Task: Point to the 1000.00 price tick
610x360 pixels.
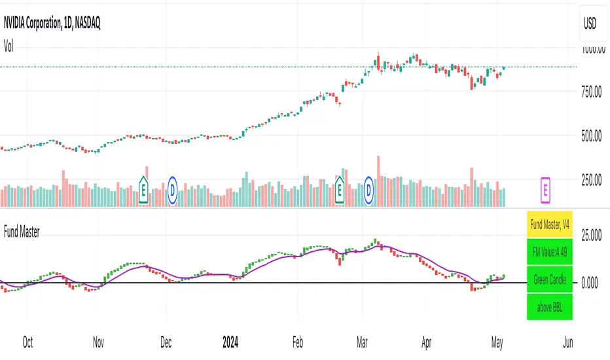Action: [589, 50]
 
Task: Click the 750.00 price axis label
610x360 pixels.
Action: [589, 93]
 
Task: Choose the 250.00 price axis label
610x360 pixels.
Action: [589, 179]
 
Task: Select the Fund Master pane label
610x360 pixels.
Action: [22, 232]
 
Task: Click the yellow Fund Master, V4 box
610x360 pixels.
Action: [550, 225]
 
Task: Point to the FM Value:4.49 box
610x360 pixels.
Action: [550, 252]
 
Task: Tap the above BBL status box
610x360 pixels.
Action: [550, 306]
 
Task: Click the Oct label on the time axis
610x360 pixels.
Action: [27, 342]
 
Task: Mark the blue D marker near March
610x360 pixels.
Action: [370, 189]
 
